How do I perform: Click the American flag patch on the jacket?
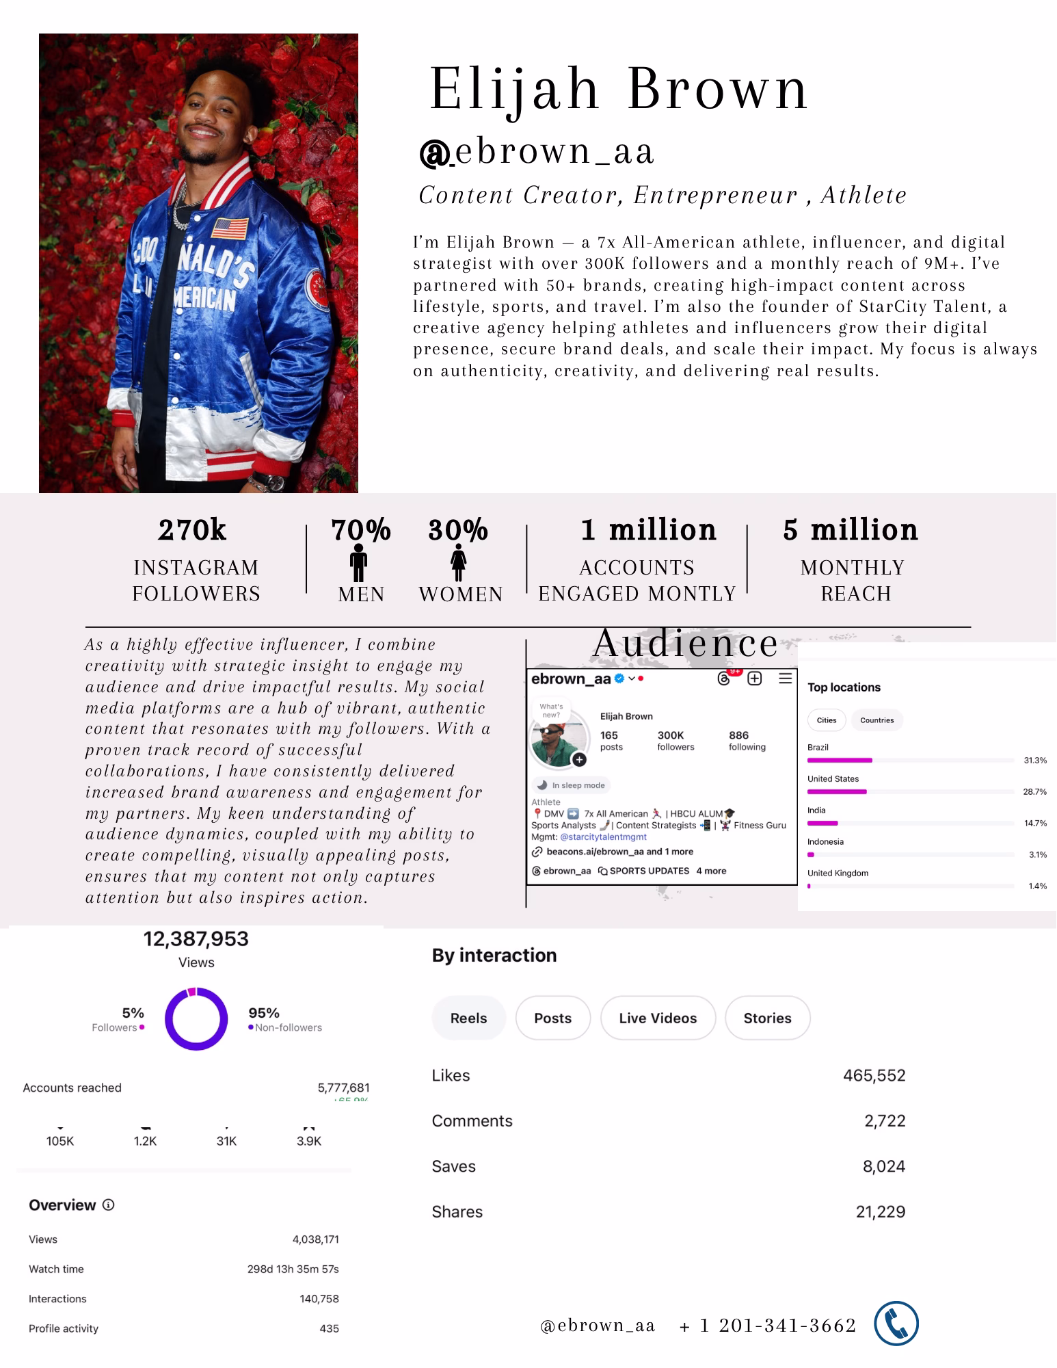(230, 228)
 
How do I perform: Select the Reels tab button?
(468, 1018)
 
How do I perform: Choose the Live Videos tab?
(658, 1018)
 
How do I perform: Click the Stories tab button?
(767, 1018)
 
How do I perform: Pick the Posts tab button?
(552, 1018)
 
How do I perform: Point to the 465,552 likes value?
(874, 1075)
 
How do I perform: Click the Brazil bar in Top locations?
(840, 760)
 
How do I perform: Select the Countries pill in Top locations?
(877, 720)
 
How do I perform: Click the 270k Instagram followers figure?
(192, 530)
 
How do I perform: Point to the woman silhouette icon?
(458, 562)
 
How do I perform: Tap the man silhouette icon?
(358, 562)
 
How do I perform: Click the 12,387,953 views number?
(196, 939)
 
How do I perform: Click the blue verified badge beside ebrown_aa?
(619, 679)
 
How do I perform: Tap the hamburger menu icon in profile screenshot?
(786, 679)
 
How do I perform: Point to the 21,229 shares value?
(880, 1211)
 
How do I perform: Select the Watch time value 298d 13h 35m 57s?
(293, 1269)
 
